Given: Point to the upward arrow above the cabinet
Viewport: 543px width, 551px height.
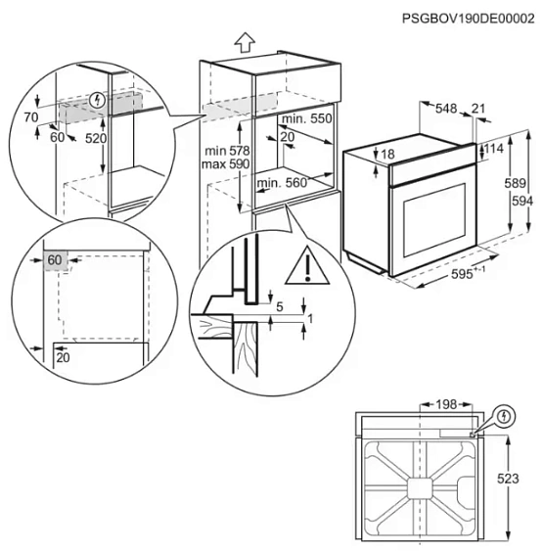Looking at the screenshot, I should click(x=245, y=42).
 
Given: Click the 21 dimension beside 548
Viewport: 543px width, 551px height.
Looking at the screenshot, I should click(x=478, y=108).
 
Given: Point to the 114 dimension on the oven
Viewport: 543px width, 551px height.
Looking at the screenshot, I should click(x=495, y=149).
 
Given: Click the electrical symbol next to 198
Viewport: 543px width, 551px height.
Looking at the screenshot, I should click(x=504, y=416).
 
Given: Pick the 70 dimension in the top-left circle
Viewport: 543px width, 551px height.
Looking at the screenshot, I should click(x=31, y=117).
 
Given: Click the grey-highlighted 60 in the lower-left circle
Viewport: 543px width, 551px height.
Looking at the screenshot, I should click(x=54, y=259).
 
